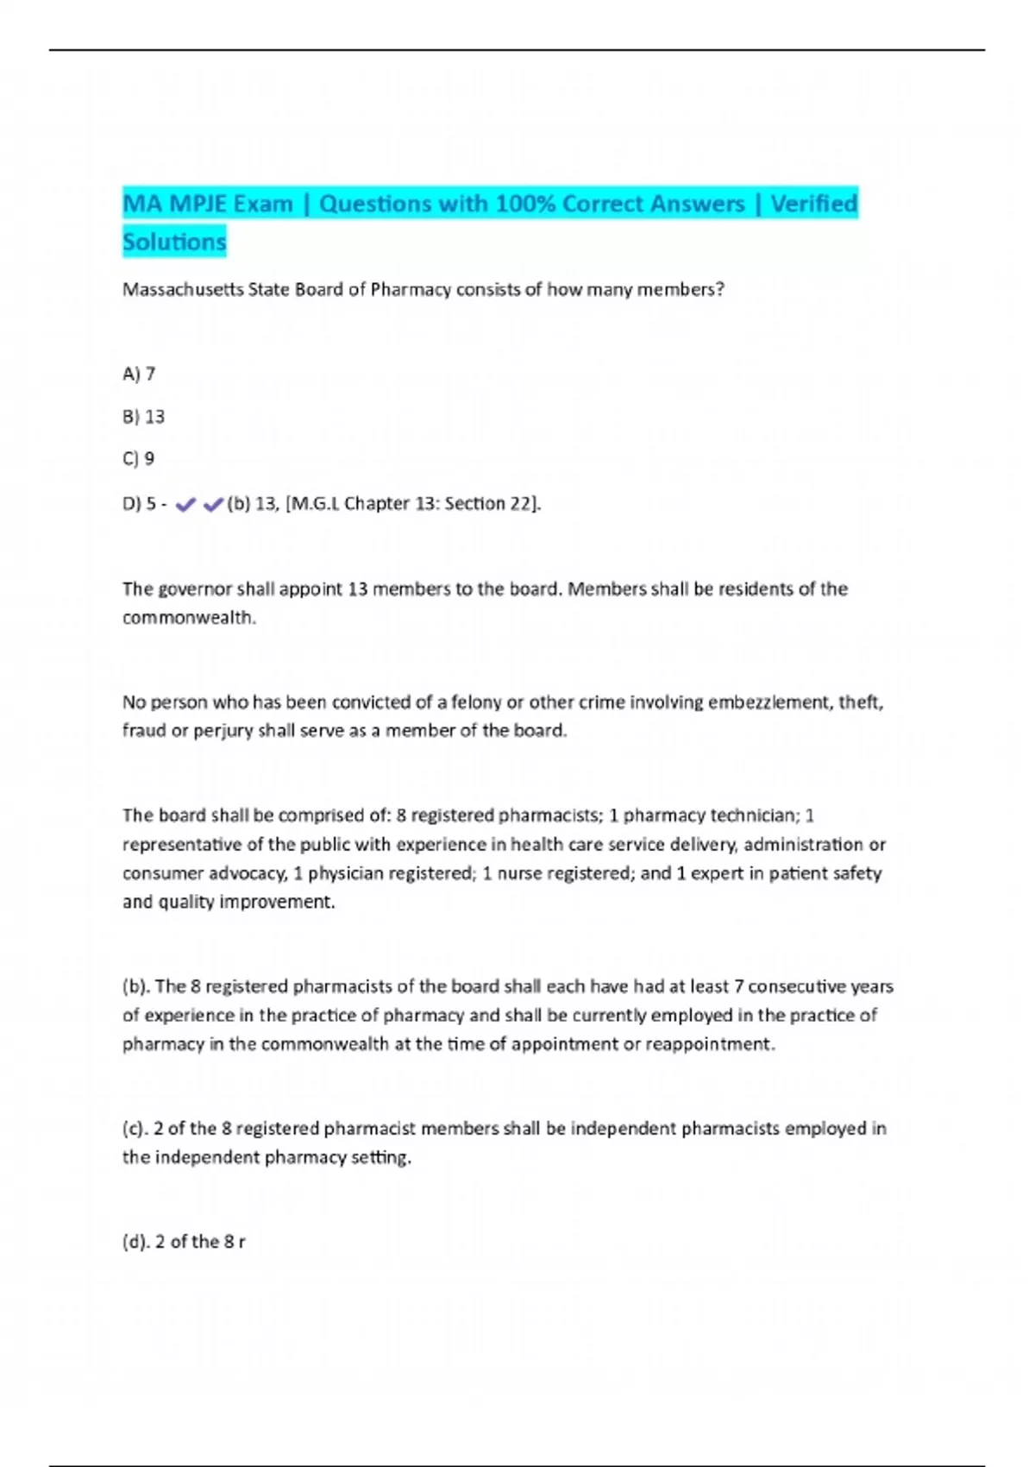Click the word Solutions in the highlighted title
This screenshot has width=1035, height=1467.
pos(174,242)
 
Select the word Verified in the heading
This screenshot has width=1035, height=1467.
pos(813,204)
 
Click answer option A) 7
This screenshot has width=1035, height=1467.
pos(139,375)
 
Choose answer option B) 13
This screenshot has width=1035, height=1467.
pos(143,417)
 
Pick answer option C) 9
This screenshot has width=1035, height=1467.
pos(138,459)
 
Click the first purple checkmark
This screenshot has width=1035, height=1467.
pos(185,505)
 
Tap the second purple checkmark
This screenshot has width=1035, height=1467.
pos(213,505)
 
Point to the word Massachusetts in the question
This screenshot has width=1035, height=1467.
pos(183,290)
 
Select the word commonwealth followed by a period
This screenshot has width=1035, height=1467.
pos(189,618)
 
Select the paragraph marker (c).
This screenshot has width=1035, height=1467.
pos(135,1129)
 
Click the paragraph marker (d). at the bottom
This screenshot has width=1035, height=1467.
pos(136,1242)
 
